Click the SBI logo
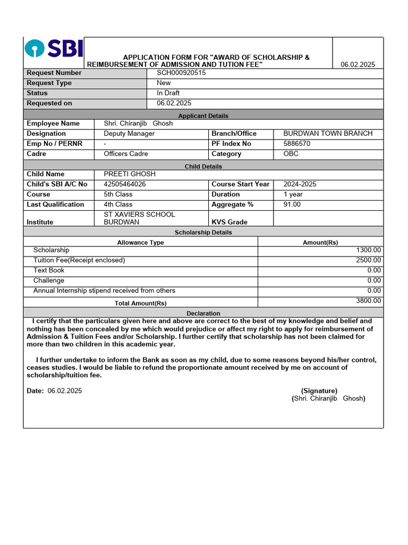(x=54, y=49)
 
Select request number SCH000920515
(x=181, y=73)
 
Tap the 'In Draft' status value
(x=168, y=93)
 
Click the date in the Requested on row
(x=174, y=103)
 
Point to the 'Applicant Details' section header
(x=203, y=115)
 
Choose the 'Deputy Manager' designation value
(x=129, y=134)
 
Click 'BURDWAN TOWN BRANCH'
(x=328, y=134)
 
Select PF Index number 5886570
(x=297, y=144)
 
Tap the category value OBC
(x=291, y=154)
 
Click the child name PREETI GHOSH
(x=130, y=174)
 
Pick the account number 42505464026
(x=125, y=184)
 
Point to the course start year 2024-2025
(x=300, y=184)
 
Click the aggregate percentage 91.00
(x=292, y=204)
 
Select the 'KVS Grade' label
(x=229, y=222)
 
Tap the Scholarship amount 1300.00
(x=368, y=250)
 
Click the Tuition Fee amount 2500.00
(x=368, y=260)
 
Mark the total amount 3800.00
(x=368, y=301)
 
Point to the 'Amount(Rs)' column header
(x=320, y=242)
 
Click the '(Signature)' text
(x=319, y=391)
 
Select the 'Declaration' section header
(x=203, y=313)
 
